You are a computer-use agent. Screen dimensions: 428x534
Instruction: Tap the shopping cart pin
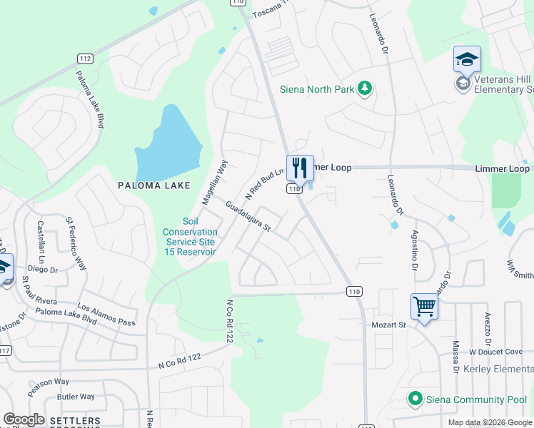[424, 307]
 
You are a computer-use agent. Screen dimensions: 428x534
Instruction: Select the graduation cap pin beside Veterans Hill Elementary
[467, 59]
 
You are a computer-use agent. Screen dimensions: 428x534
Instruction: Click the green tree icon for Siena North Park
[366, 88]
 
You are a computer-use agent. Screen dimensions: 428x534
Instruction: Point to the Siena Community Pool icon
[413, 398]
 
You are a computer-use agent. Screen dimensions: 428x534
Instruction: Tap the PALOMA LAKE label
[154, 185]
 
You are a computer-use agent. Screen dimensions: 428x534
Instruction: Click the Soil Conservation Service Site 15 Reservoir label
[190, 242]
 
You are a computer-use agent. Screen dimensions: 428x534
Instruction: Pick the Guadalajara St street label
[247, 216]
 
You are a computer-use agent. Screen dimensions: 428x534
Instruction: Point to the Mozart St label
[388, 325]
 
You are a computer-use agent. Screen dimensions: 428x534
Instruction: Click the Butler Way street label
[76, 397]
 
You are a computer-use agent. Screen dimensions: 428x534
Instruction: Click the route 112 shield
[85, 58]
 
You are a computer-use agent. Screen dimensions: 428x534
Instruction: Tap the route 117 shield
[6, 350]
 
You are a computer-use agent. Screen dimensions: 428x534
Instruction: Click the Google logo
[24, 419]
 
